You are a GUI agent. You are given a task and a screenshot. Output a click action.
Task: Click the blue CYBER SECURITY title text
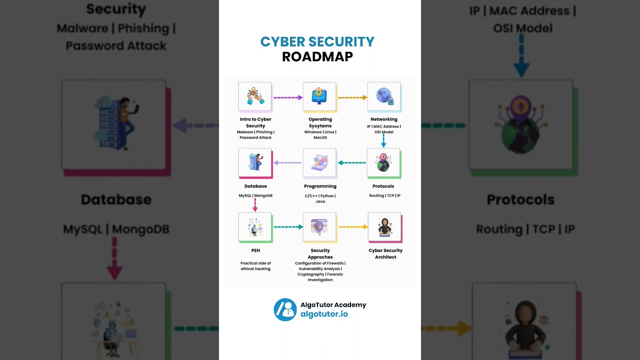pyautogui.click(x=317, y=42)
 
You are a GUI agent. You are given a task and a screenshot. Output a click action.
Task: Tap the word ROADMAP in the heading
pyautogui.click(x=317, y=57)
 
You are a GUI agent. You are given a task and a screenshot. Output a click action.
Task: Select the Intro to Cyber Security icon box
pyautogui.click(x=255, y=96)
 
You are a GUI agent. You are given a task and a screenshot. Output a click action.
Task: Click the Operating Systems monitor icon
pyautogui.click(x=319, y=96)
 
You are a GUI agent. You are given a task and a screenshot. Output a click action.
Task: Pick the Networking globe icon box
pyautogui.click(x=384, y=96)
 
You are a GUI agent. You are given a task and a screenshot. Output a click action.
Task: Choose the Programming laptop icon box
pyautogui.click(x=319, y=162)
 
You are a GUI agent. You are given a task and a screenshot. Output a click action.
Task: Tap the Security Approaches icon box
pyautogui.click(x=319, y=227)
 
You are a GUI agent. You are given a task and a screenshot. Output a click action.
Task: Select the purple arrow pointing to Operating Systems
pyautogui.click(x=288, y=97)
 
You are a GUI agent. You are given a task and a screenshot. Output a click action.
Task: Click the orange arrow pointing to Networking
pyautogui.click(x=352, y=97)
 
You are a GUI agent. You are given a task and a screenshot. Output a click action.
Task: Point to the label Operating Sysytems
pyautogui.click(x=320, y=122)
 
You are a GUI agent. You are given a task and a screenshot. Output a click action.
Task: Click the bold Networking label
pyautogui.click(x=384, y=119)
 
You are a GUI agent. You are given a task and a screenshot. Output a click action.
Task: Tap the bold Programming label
pyautogui.click(x=320, y=186)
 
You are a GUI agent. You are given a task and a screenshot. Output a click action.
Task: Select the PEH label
pyautogui.click(x=255, y=250)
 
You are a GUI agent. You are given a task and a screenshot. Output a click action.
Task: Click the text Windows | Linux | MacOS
pyautogui.click(x=320, y=134)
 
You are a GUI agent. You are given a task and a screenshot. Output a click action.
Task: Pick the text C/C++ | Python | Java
pyautogui.click(x=320, y=198)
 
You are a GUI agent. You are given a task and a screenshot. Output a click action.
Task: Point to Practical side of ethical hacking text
pyautogui.click(x=255, y=266)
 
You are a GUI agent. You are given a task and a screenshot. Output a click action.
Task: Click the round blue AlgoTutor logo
pyautogui.click(x=285, y=309)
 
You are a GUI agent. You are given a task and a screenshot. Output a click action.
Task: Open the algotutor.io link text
pyautogui.click(x=324, y=314)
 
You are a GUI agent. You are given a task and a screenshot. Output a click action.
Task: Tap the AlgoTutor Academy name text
pyautogui.click(x=333, y=305)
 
